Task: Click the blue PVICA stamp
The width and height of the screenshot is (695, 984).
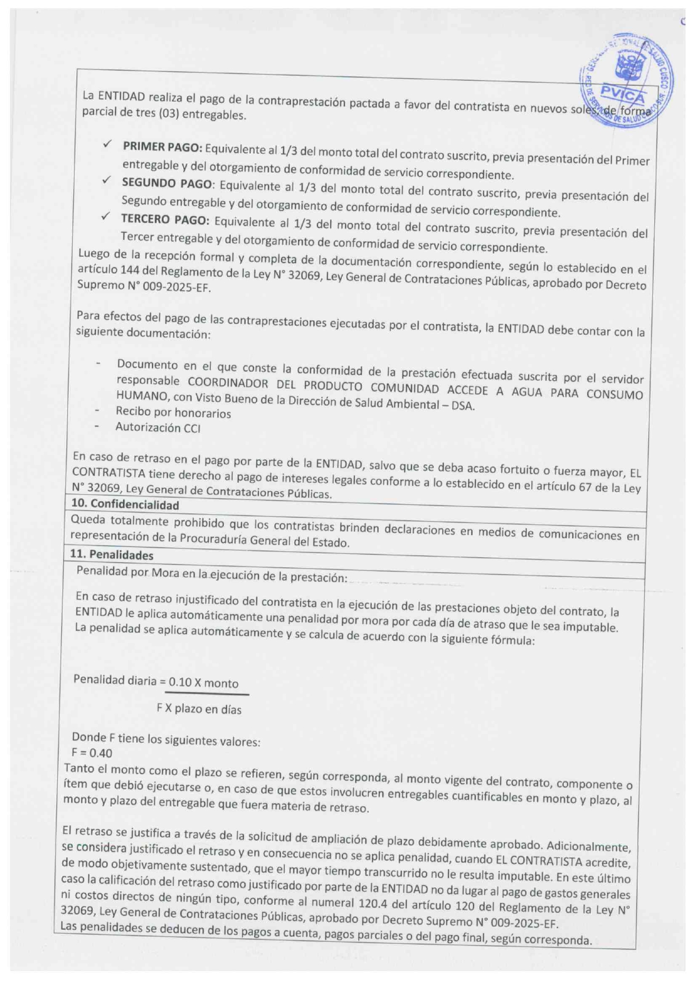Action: click(x=627, y=81)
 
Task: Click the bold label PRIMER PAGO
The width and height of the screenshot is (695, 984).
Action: click(x=162, y=147)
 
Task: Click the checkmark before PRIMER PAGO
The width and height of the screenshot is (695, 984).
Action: click(x=106, y=145)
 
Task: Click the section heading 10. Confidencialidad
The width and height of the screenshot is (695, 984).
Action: click(x=124, y=504)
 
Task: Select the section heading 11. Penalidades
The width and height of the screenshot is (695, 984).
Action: click(x=112, y=555)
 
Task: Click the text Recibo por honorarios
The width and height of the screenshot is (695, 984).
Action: click(x=173, y=413)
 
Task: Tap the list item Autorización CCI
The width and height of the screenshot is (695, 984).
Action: click(x=157, y=427)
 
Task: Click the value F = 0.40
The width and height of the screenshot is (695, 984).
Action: click(x=92, y=753)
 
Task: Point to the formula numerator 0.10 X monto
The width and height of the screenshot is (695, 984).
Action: click(x=203, y=683)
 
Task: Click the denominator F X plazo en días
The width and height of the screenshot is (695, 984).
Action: click(x=199, y=709)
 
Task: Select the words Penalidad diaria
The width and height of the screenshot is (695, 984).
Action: click(x=115, y=680)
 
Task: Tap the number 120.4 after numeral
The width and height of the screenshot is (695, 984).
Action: click(x=372, y=904)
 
